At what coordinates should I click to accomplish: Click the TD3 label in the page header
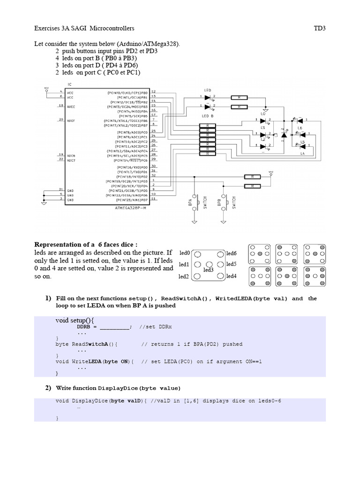(x=319, y=28)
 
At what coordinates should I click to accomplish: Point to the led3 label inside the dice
(x=209, y=270)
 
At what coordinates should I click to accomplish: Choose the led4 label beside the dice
(x=232, y=276)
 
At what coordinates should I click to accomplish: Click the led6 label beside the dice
(x=232, y=253)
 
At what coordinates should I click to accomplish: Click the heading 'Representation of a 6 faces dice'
(x=86, y=245)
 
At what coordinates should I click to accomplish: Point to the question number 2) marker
(x=48, y=388)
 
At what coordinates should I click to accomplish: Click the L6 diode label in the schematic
(x=300, y=127)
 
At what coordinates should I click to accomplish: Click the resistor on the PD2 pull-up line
(x=252, y=177)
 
